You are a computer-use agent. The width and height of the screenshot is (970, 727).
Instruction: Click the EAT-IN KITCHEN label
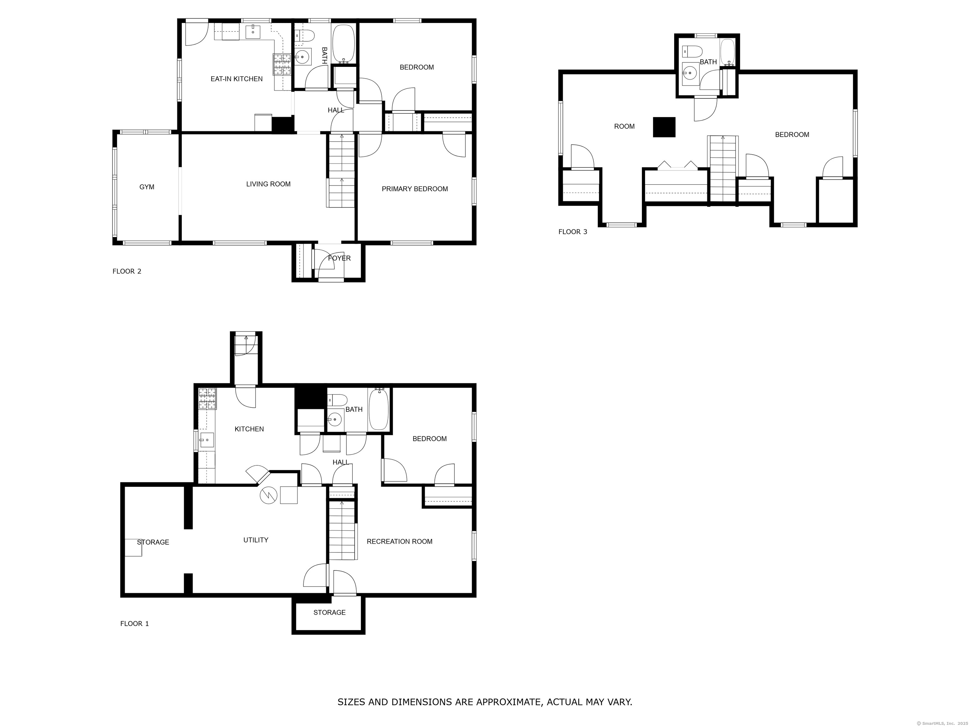[237, 79]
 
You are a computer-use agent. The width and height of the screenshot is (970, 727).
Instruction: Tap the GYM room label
[147, 187]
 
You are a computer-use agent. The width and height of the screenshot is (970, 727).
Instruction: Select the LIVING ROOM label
[268, 184]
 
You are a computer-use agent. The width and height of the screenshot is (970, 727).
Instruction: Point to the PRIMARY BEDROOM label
[415, 189]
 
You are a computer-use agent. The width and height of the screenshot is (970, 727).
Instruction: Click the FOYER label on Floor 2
[339, 258]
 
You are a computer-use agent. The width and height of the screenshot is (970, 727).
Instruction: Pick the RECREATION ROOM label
[399, 542]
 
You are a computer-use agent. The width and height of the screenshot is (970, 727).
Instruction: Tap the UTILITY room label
[256, 540]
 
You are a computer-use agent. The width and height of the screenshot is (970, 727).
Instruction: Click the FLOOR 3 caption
[573, 232]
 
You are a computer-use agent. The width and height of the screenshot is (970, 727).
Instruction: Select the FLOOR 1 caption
[135, 624]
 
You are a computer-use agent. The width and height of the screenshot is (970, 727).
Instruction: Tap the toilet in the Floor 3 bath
[693, 51]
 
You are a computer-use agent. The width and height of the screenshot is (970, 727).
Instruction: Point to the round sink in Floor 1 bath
[335, 419]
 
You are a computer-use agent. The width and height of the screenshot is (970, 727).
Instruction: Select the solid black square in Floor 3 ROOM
[664, 127]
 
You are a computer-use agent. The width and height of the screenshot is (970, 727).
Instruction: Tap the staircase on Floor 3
[723, 169]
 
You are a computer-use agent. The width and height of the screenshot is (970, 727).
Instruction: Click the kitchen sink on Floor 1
[207, 440]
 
